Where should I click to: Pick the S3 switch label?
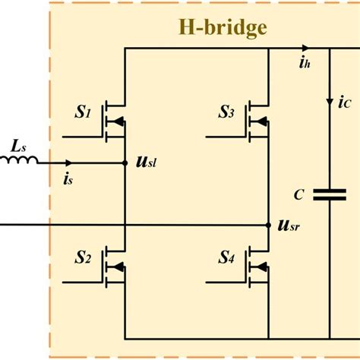point(226,115)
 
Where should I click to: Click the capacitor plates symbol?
point(330,194)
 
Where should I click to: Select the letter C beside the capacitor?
point(301,195)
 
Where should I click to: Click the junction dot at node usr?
point(270,226)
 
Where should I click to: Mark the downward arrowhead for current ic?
point(330,99)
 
